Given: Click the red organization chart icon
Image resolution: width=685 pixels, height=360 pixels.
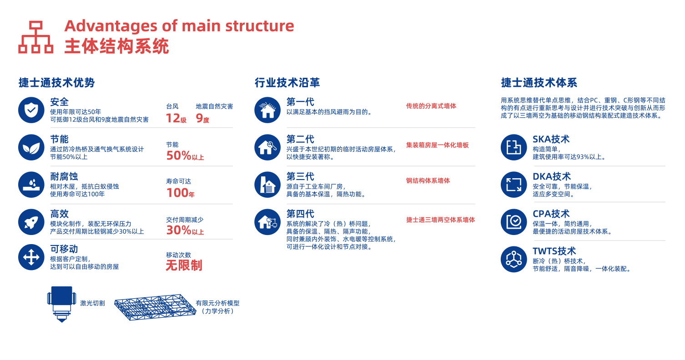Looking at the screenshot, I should pyautogui.click(x=35, y=37).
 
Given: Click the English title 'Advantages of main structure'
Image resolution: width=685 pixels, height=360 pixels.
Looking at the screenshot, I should pyautogui.click(x=179, y=25).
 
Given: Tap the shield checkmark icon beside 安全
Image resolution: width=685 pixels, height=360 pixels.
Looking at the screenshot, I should pyautogui.click(x=31, y=110).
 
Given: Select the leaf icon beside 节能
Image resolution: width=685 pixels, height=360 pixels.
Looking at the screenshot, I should pyautogui.click(x=31, y=147).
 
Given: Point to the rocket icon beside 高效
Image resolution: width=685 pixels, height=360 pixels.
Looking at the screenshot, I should pyautogui.click(x=31, y=221).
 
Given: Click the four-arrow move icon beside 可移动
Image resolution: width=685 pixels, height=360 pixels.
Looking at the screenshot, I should pyautogui.click(x=31, y=257).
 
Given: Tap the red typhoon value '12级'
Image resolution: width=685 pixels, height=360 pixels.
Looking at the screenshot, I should pyautogui.click(x=176, y=118).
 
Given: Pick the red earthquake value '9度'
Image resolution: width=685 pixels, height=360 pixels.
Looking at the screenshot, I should pyautogui.click(x=202, y=118).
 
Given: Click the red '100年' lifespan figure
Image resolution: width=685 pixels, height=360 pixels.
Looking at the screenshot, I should pyautogui.click(x=180, y=193).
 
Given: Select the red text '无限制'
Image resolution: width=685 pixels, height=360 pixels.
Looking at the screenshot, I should pyautogui.click(x=184, y=265).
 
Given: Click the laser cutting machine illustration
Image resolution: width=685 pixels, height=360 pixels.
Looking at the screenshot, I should pyautogui.click(x=61, y=304).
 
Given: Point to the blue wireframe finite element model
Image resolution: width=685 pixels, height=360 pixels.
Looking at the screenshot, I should pyautogui.click(x=153, y=307).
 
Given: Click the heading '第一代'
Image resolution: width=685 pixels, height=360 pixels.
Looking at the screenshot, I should pyautogui.click(x=300, y=102).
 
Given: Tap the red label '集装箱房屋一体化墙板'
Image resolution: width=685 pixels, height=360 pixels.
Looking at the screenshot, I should pyautogui.click(x=437, y=145).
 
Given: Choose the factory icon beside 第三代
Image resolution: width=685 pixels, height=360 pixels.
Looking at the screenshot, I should pyautogui.click(x=267, y=184).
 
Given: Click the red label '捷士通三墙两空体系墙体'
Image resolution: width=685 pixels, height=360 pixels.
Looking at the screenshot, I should pyautogui.click(x=440, y=220).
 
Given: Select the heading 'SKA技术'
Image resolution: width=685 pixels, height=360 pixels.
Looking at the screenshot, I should pyautogui.click(x=551, y=139).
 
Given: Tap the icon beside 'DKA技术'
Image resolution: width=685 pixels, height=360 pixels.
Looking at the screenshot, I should pyautogui.click(x=514, y=184).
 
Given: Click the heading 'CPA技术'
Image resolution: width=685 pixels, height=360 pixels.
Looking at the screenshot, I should pyautogui.click(x=551, y=214).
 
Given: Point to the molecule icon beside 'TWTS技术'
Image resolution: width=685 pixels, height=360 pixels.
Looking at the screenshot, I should pyautogui.click(x=514, y=259).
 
